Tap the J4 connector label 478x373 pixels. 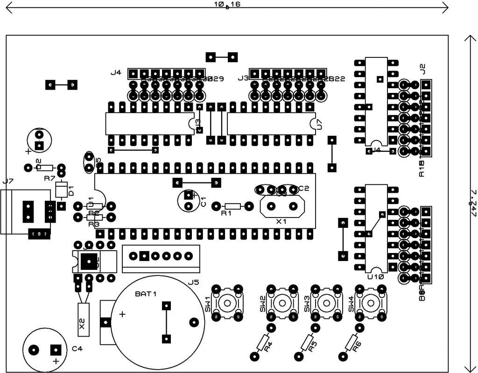(x=116, y=73)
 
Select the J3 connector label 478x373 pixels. (x=243, y=78)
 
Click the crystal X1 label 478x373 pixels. (x=281, y=222)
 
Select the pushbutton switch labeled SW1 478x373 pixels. (x=227, y=303)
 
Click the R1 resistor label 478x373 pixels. (x=226, y=214)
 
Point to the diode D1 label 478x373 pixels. (x=71, y=190)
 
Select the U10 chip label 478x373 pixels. (x=376, y=277)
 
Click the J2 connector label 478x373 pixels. (x=423, y=69)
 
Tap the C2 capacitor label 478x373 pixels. (x=304, y=188)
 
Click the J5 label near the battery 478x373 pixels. (x=194, y=282)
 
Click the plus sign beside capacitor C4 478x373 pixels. (x=56, y=361)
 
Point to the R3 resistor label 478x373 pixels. (x=94, y=225)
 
